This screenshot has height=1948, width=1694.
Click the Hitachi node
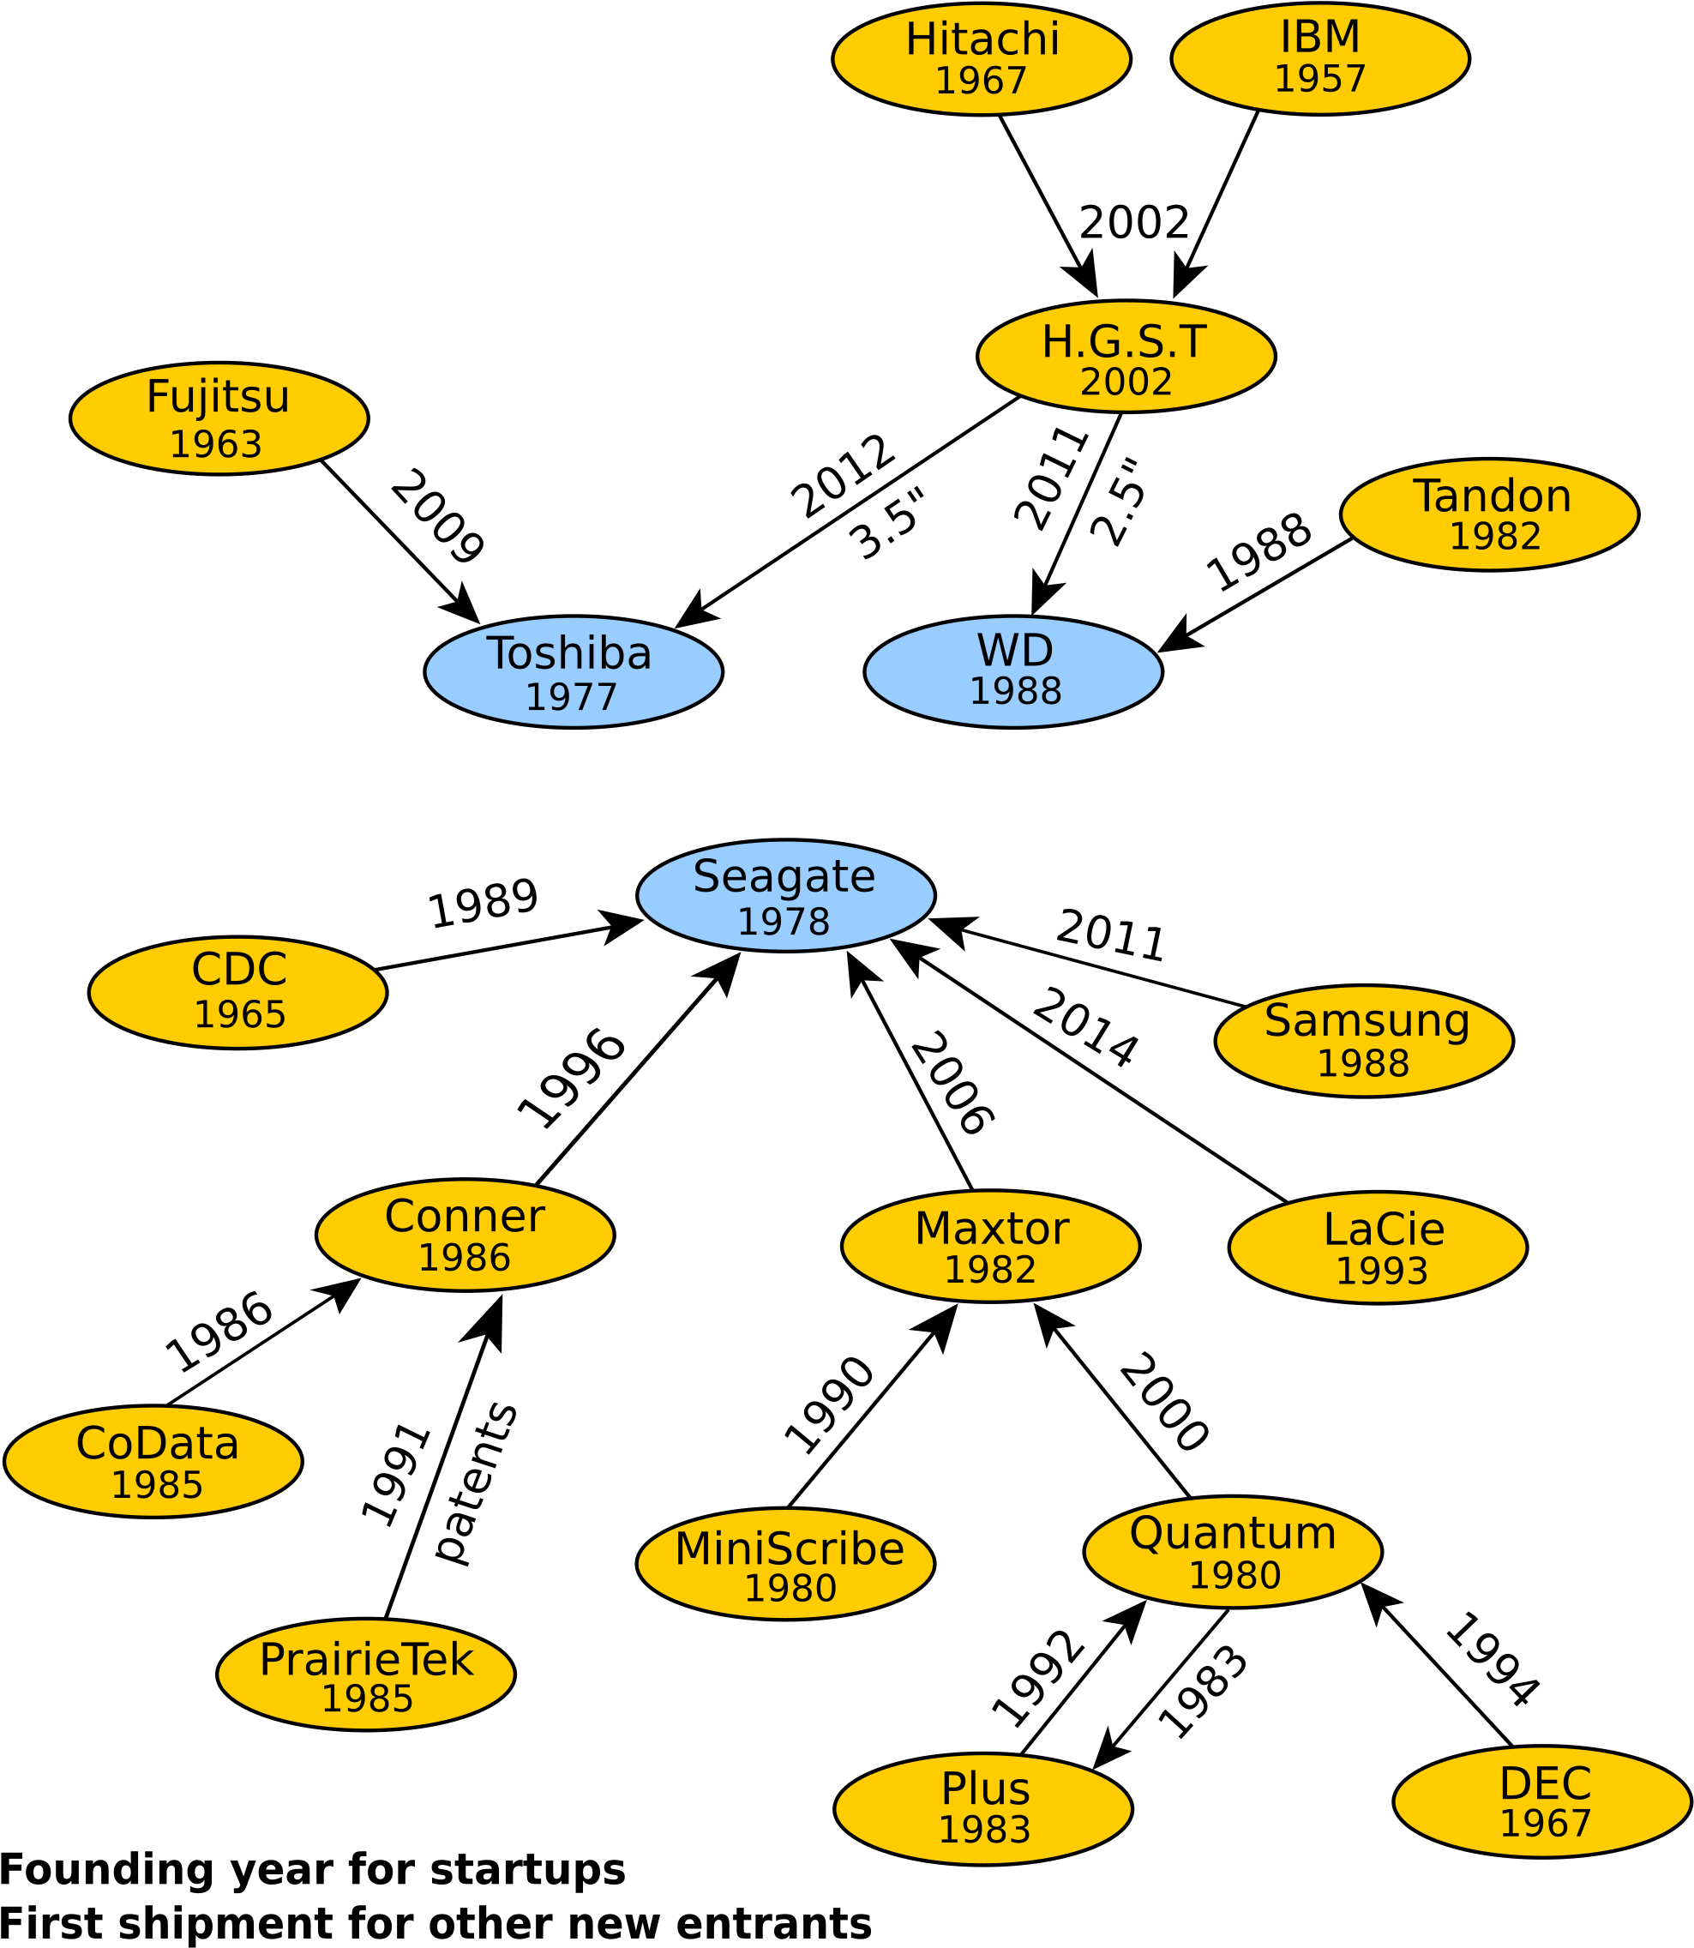pos(982,59)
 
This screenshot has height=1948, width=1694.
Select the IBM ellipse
pos(1319,59)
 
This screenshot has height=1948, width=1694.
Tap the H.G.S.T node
pos(1126,357)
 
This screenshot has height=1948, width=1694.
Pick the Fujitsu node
pos(219,418)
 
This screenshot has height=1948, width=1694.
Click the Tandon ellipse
pos(1489,515)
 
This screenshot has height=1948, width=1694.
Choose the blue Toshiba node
pos(573,672)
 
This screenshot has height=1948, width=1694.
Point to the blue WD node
pos(1012,672)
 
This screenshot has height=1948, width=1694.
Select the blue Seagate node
pos(785,895)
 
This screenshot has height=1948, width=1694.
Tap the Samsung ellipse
pos(1363,1041)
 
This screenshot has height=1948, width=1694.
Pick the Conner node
pos(464,1235)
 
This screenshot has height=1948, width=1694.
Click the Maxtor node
pos(990,1247)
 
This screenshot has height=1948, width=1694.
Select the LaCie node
pos(1378,1248)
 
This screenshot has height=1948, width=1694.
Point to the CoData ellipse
pos(153,1461)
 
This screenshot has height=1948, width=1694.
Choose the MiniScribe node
pos(784,1564)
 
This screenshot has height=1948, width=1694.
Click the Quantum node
pos(1232,1552)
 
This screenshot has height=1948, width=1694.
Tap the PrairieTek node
pos(366,1674)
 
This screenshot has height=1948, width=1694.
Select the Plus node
pos(982,1809)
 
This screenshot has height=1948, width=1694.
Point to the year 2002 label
pos(1126,382)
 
